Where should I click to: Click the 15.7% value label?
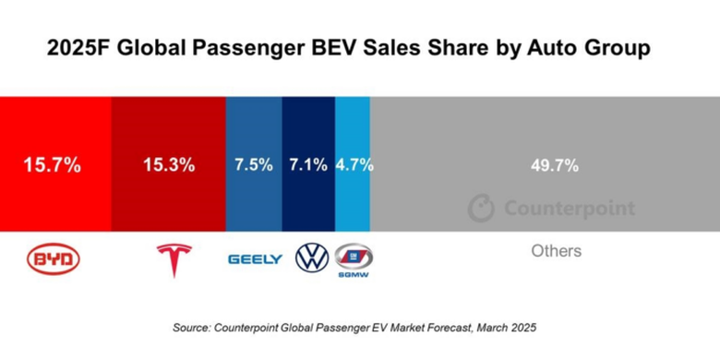coord(53,166)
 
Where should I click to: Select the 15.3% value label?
coord(168,166)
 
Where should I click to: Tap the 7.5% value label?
coord(254,166)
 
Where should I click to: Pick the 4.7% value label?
coord(354,166)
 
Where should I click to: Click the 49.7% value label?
coord(554,166)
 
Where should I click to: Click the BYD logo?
coord(54,259)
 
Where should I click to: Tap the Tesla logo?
coord(173,259)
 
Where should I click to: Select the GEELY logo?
coord(256,260)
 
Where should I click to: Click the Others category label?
coord(557,251)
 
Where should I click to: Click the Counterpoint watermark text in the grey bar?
coord(569,209)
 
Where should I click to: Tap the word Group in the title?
coord(617,47)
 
